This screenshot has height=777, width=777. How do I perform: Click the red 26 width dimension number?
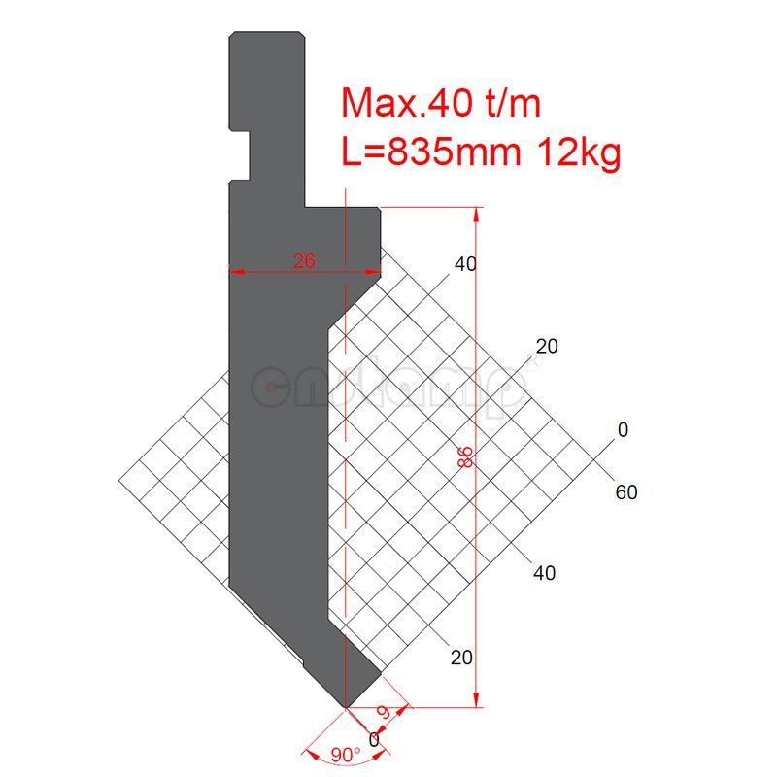pos(304,259)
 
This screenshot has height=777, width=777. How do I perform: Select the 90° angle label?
pos(345,755)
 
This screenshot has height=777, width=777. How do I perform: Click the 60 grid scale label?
pos(626,492)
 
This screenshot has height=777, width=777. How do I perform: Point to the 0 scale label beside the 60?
pos(623,430)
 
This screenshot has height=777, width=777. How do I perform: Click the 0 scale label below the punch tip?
pos(374,739)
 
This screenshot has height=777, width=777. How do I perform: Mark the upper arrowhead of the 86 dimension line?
pos(476,213)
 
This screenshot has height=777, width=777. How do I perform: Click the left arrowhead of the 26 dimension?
pos(234,271)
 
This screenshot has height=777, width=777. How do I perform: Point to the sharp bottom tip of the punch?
pos(346,705)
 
